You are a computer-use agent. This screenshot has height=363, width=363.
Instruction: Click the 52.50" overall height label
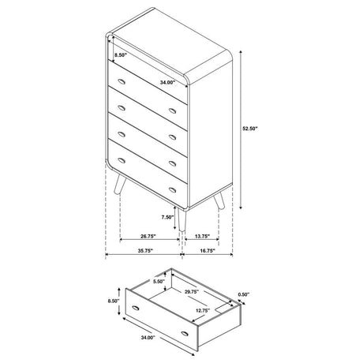pyautogui.click(x=250, y=129)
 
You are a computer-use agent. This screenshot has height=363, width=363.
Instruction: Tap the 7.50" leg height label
pyautogui.click(x=167, y=217)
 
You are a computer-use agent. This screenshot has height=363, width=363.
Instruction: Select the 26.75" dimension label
pyautogui.click(x=148, y=236)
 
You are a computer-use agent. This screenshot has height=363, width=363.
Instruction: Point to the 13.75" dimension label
pyautogui.click(x=202, y=236)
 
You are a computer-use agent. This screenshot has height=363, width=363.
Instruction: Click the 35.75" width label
pyautogui.click(x=145, y=251)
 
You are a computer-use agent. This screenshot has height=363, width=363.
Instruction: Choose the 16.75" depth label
pyautogui.click(x=208, y=251)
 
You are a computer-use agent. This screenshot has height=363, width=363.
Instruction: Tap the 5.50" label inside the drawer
pyautogui.click(x=159, y=281)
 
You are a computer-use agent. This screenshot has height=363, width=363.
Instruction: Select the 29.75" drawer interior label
pyautogui.click(x=191, y=291)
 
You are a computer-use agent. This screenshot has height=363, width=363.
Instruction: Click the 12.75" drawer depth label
pyautogui.click(x=203, y=310)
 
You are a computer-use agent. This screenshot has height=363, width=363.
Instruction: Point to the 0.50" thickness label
pyautogui.click(x=243, y=294)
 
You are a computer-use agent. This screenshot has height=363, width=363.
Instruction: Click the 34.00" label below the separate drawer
pyautogui.click(x=148, y=338)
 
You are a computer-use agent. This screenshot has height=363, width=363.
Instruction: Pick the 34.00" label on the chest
pyautogui.click(x=168, y=82)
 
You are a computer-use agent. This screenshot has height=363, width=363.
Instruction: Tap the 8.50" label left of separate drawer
pyautogui.click(x=114, y=301)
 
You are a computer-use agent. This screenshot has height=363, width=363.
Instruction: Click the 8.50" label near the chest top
pyautogui.click(x=121, y=55)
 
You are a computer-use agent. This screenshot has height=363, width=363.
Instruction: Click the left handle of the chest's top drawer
pyautogui.click(x=122, y=82)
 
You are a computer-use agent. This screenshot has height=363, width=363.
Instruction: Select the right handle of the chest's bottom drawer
pyautogui.click(x=173, y=189)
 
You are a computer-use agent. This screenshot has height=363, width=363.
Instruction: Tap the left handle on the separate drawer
pyautogui.click(x=136, y=308)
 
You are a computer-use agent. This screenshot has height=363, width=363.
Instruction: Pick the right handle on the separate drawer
pyautogui.click(x=185, y=334)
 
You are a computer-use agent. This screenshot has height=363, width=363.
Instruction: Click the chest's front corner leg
pyautogui.click(x=181, y=220)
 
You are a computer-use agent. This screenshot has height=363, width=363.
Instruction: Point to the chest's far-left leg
pyautogui.click(x=120, y=184)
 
